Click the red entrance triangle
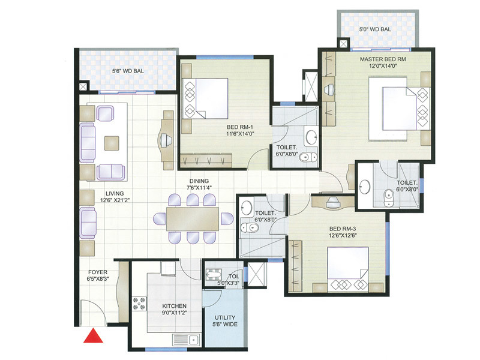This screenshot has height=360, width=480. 94,336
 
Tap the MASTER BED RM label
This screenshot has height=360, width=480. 383,59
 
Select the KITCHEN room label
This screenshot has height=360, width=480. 174,306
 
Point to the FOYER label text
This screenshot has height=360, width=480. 98,272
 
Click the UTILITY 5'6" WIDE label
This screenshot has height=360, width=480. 225,321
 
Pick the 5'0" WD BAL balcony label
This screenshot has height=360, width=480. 374,29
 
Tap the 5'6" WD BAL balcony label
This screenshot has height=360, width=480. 128,71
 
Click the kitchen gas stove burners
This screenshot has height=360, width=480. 139,304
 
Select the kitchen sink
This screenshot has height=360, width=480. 186,340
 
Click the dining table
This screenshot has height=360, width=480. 193,219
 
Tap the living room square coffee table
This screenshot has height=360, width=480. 112,143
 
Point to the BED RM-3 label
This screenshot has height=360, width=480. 342,229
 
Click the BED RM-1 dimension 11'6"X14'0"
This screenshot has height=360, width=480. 241,134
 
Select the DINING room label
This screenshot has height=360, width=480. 199,181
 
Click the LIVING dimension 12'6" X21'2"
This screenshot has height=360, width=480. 115,200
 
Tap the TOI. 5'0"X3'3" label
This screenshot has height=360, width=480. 228,280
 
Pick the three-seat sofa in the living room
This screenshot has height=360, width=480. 87,142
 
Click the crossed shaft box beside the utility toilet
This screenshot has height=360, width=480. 256,275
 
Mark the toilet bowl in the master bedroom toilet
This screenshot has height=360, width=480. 388,197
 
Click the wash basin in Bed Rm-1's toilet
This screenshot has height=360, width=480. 311,137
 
